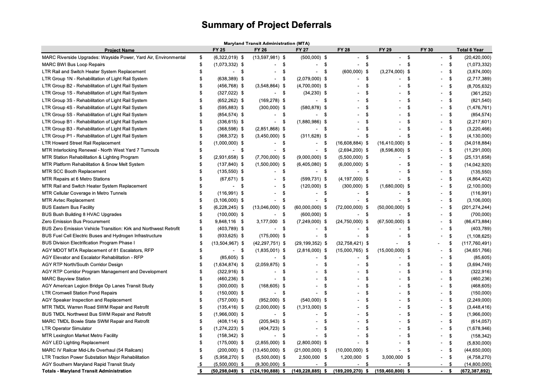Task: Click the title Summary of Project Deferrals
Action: pyautogui.click(x=266, y=25)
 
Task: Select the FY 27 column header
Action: pyautogui.click(x=302, y=50)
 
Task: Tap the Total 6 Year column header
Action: pyautogui.click(x=470, y=50)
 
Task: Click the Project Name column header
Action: pyautogui.click(x=119, y=50)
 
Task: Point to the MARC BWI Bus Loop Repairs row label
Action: pyautogui.click(x=73, y=64)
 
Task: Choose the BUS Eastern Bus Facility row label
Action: pyautogui.click(x=68, y=207)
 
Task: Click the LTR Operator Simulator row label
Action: pyautogui.click(x=67, y=328)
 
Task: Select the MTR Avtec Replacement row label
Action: pyautogui.click(x=68, y=200)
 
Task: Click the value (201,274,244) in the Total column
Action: pyautogui.click(x=476, y=207)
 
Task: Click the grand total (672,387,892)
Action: pyautogui.click(x=476, y=371)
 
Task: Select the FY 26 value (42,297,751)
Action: pyautogui.click(x=268, y=243)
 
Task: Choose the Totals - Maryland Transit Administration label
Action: pyautogui.click(x=87, y=371)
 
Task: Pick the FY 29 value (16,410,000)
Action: pyautogui.click(x=391, y=143)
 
